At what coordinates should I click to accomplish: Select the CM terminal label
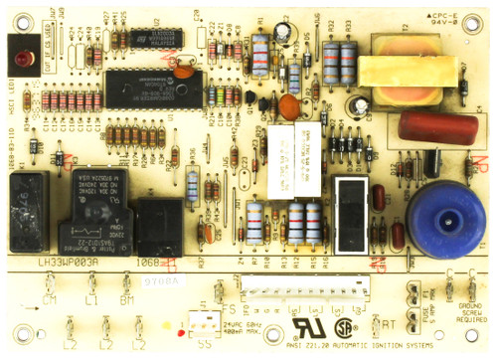click(x=50, y=299)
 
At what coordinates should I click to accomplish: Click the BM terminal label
click(x=126, y=299)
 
